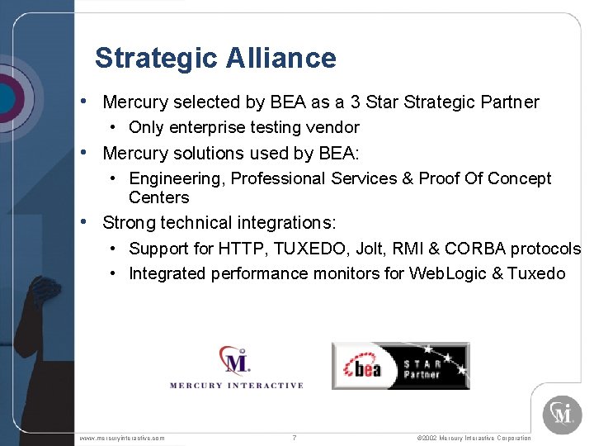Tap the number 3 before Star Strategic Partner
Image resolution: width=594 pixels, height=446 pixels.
355,102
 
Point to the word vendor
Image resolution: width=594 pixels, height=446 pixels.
333,127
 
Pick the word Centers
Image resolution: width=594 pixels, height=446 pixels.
159,197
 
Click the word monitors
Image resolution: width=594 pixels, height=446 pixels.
346,273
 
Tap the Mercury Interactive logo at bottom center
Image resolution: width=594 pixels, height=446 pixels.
236,367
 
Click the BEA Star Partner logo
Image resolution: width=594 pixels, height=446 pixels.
400,366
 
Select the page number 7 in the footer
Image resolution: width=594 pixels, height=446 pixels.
295,438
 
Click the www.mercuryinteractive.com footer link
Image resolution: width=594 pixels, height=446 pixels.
121,438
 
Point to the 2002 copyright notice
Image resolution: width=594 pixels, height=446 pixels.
474,438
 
